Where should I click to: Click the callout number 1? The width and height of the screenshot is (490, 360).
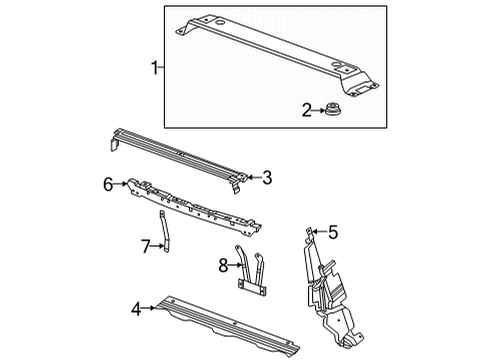pyautogui.click(x=154, y=67)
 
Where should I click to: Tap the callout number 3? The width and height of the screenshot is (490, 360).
pyautogui.click(x=266, y=178)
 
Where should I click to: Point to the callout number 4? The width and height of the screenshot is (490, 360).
pyautogui.click(x=136, y=308)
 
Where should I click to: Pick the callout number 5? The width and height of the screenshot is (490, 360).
pyautogui.click(x=333, y=233)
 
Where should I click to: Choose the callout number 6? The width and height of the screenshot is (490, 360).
pyautogui.click(x=108, y=183)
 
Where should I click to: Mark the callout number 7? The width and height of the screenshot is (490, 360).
pyautogui.click(x=144, y=246)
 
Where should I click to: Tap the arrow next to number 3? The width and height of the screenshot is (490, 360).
pyautogui.click(x=253, y=178)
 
